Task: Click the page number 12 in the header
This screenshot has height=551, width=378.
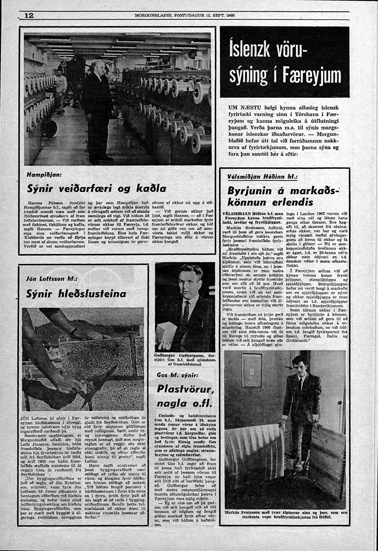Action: point(28,15)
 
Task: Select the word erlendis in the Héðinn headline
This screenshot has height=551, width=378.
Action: point(290,203)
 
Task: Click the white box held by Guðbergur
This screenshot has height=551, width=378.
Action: point(166,334)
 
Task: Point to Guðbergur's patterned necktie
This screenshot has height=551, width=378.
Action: point(186,313)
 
